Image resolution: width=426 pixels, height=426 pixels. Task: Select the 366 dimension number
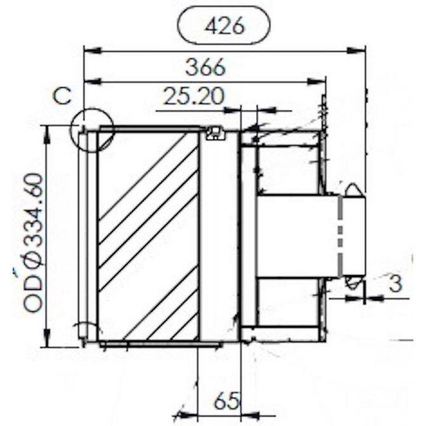click(x=206, y=67)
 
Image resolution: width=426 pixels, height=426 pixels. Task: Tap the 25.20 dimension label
click(x=194, y=96)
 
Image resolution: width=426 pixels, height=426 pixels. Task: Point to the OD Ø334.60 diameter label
click(x=33, y=243)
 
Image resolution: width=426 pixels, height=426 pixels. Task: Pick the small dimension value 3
click(x=396, y=283)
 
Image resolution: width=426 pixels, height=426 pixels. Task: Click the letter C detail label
click(x=62, y=96)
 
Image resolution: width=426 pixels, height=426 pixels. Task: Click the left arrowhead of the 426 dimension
click(x=93, y=51)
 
